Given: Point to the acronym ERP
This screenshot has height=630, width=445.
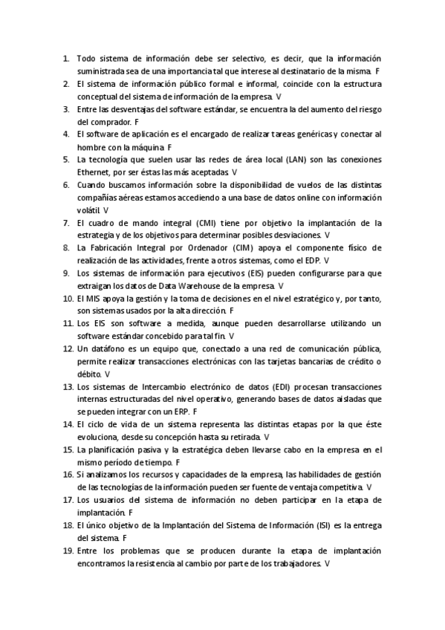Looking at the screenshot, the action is click(180, 412).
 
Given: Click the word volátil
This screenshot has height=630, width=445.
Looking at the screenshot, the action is click(88, 210).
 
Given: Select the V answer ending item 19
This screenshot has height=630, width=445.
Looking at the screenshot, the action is click(328, 564).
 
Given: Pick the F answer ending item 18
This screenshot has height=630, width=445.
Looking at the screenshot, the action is click(124, 538).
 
